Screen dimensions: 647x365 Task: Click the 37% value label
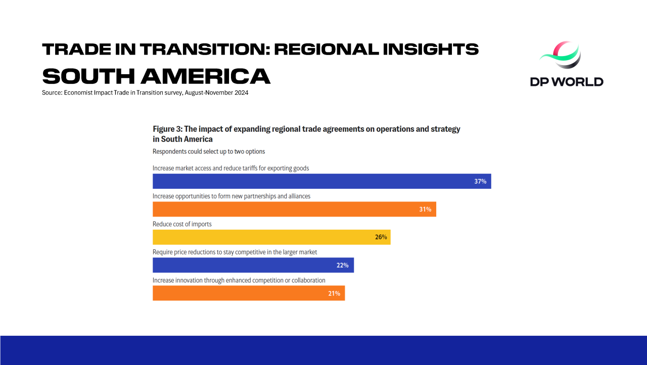pos(480,181)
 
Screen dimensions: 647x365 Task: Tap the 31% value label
pos(425,209)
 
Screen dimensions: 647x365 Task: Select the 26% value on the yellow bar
pos(381,237)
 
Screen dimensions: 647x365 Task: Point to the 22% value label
pos(342,265)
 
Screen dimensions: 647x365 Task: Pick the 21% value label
pos(334,293)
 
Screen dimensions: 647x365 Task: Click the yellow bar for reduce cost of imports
pos(271,237)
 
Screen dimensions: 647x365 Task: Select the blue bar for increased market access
pos(322,181)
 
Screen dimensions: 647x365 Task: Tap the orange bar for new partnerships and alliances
pos(294,209)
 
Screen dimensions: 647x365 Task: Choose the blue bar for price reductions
pos(253,265)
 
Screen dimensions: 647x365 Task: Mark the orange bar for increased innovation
pos(249,293)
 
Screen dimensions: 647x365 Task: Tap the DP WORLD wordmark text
pos(567,82)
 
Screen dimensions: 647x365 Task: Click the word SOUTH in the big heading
pos(88,76)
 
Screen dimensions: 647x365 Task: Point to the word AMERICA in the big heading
pos(206,76)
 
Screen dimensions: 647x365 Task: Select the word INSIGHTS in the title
pos(431,49)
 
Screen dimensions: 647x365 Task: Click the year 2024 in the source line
pos(242,92)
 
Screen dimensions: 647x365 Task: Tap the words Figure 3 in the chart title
pos(167,129)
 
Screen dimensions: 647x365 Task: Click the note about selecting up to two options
pos(209,151)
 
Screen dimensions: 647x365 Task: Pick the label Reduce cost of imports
pos(182,224)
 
